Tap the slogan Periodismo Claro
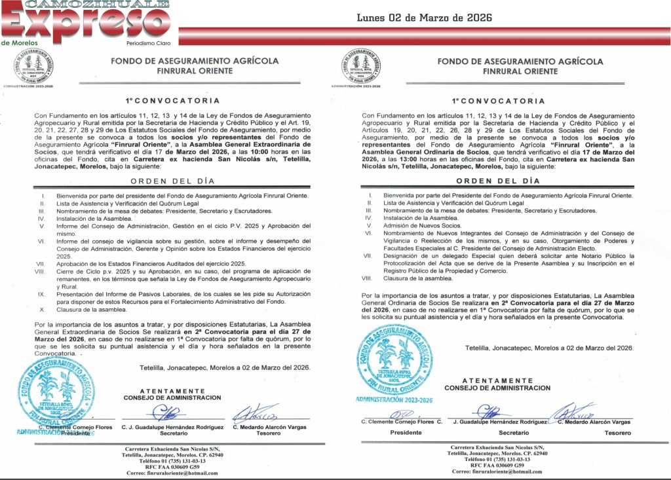[x=148, y=43]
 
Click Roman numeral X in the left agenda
[x=43, y=310]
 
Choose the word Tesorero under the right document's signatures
[x=617, y=433]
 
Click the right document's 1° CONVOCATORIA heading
[x=499, y=102]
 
